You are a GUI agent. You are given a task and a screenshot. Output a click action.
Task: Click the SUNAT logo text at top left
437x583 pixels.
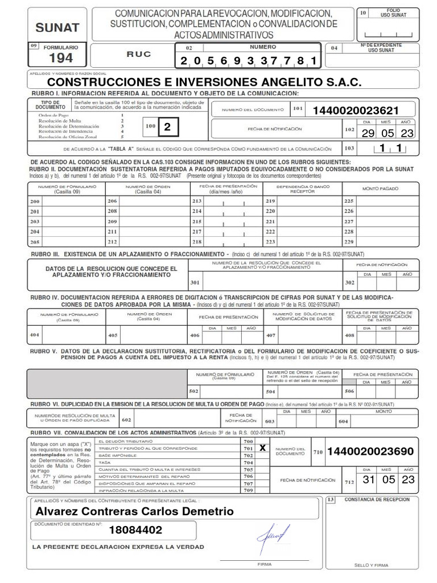tap(57, 26)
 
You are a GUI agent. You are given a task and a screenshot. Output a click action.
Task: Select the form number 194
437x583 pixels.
tap(61, 58)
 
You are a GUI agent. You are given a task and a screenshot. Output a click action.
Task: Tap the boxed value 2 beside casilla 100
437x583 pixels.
tap(167, 129)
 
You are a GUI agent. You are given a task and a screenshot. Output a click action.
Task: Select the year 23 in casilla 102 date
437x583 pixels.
tap(407, 133)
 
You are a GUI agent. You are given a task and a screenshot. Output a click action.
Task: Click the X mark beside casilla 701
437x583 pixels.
tap(262, 449)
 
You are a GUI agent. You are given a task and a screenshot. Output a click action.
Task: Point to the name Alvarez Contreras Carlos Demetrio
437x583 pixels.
tap(134, 512)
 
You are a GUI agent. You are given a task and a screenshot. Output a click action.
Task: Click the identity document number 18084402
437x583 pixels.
tap(135, 531)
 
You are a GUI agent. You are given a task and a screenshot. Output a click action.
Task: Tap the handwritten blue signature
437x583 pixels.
tap(275, 534)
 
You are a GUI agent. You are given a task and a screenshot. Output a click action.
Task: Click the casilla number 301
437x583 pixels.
tap(195, 282)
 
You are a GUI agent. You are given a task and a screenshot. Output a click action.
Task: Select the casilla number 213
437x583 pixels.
tap(197, 202)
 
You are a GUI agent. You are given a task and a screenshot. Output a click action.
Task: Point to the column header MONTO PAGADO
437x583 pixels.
tap(381, 188)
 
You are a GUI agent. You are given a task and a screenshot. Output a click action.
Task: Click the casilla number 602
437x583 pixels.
tap(126, 420)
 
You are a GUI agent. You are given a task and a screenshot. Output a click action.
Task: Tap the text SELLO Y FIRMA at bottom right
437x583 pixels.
tap(371, 565)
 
